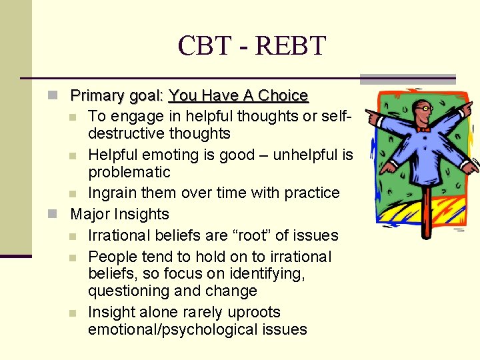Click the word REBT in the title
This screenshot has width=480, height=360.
click(x=291, y=45)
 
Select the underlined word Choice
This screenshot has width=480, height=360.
click(x=283, y=96)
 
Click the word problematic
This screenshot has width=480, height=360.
click(x=129, y=172)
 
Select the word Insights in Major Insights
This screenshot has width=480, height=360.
click(x=141, y=215)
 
